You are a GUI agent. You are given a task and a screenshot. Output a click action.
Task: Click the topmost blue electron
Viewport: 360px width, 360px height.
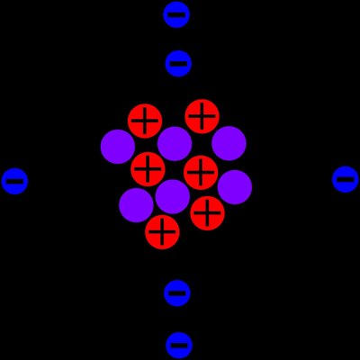click(176, 14)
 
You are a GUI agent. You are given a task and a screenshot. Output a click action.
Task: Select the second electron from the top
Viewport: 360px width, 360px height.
click(178, 63)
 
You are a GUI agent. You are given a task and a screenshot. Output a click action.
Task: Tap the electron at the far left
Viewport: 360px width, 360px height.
click(14, 181)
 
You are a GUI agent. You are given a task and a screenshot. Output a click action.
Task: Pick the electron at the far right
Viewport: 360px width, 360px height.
click(345, 179)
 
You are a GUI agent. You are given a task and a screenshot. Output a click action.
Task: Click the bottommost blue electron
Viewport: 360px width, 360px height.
click(179, 344)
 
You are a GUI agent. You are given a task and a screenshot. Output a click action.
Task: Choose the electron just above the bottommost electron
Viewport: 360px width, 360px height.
click(177, 292)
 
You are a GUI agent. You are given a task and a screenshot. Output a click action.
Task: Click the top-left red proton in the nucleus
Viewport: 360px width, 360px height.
click(145, 121)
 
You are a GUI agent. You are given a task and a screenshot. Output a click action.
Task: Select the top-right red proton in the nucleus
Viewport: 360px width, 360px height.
click(202, 116)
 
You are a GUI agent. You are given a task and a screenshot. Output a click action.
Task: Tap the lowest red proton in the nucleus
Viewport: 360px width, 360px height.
click(162, 231)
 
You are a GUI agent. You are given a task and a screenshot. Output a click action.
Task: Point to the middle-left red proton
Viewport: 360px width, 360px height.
click(148, 168)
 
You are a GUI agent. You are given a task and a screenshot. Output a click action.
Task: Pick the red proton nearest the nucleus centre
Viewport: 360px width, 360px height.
click(201, 172)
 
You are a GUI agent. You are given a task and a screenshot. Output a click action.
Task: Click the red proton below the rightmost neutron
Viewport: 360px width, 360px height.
click(207, 212)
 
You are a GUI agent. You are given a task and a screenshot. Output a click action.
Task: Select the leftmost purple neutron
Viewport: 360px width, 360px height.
click(118, 147)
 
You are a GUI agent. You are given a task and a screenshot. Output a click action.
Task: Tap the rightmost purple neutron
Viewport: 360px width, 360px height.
click(235, 187)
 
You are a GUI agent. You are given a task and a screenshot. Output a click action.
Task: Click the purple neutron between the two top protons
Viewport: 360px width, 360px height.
click(175, 143)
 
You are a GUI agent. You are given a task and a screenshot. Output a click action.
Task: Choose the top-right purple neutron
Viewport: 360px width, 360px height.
click(229, 143)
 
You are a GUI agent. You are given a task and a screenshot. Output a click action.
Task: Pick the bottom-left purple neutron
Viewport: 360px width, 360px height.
click(136, 204)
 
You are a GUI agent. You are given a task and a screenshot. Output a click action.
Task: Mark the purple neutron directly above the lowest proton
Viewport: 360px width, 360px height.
click(172, 196)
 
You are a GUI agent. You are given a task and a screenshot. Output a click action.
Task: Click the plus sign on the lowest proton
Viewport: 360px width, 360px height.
click(162, 231)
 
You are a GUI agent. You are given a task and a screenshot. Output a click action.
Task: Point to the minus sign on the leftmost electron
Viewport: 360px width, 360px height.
click(14, 181)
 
